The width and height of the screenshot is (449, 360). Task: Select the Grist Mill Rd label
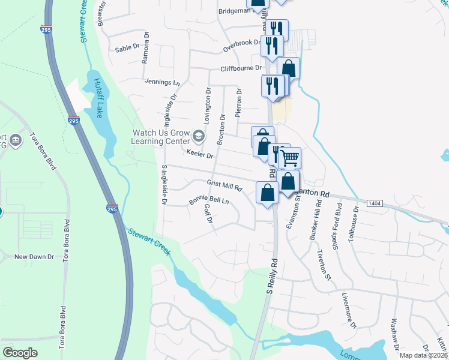click(x=224, y=185)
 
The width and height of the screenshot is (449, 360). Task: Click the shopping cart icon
click(x=290, y=158)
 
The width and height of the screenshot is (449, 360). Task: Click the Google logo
click(x=20, y=352)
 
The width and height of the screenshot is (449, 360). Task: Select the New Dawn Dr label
click(x=34, y=256)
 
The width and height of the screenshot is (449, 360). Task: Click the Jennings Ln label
click(x=162, y=82)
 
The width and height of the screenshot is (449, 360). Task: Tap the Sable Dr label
click(x=127, y=48)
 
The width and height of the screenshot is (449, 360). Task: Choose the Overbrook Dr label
click(x=242, y=45)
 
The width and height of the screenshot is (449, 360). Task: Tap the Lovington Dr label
click(x=208, y=106)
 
